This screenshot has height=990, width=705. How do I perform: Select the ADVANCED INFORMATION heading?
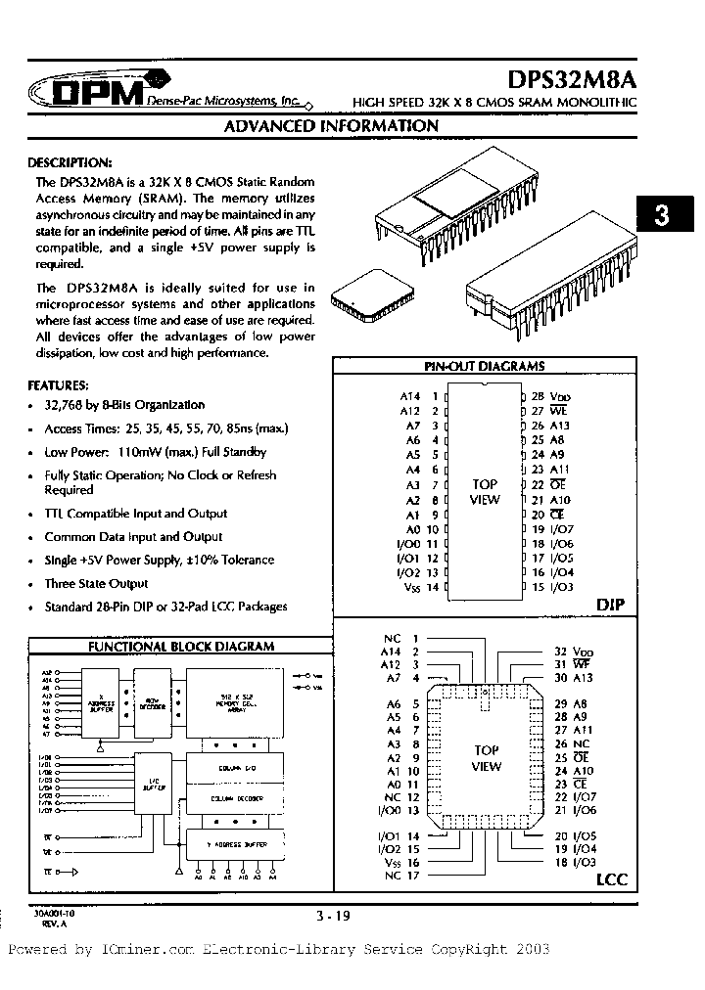(x=331, y=126)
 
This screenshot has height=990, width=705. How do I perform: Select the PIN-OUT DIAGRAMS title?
(x=484, y=366)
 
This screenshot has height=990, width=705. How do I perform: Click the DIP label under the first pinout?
(x=611, y=607)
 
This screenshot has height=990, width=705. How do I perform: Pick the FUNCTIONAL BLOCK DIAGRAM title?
(x=181, y=647)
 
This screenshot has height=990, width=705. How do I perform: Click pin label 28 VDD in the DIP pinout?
(x=549, y=396)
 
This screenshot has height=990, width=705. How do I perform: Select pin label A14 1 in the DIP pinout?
(x=417, y=396)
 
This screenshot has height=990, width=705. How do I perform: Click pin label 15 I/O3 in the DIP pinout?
(x=552, y=587)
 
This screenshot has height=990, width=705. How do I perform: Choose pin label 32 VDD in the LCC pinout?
(x=574, y=651)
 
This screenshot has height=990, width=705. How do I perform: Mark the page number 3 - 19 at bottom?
(x=332, y=916)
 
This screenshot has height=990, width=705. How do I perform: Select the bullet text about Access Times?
(x=166, y=428)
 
